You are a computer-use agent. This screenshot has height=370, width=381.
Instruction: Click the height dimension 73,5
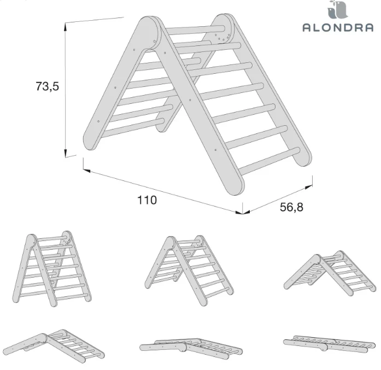tap(46, 86)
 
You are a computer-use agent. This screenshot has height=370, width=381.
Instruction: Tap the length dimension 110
tap(147, 200)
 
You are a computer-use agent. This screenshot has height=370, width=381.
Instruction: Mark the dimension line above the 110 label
tap(162, 185)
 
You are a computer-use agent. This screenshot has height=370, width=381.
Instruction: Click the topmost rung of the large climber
tap(194, 29)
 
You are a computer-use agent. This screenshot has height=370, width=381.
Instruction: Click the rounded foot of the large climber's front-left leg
tap(91, 140)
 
